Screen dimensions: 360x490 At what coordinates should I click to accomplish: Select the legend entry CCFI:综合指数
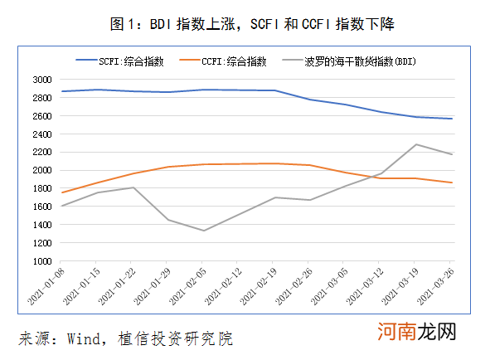click(x=234, y=61)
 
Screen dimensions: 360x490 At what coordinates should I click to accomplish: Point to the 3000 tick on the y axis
click(x=42, y=80)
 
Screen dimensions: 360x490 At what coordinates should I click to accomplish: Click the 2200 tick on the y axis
click(x=42, y=152)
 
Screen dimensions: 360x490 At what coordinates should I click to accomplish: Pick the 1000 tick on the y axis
click(x=42, y=260)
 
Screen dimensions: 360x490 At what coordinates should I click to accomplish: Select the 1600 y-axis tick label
click(x=42, y=207)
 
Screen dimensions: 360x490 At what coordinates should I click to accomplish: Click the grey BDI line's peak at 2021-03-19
click(x=415, y=144)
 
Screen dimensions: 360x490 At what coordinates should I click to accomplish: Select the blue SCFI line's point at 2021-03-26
click(x=452, y=119)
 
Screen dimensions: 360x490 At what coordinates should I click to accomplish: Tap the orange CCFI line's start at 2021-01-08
click(x=62, y=192)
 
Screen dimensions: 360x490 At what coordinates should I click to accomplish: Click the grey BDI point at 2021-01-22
click(x=134, y=187)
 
